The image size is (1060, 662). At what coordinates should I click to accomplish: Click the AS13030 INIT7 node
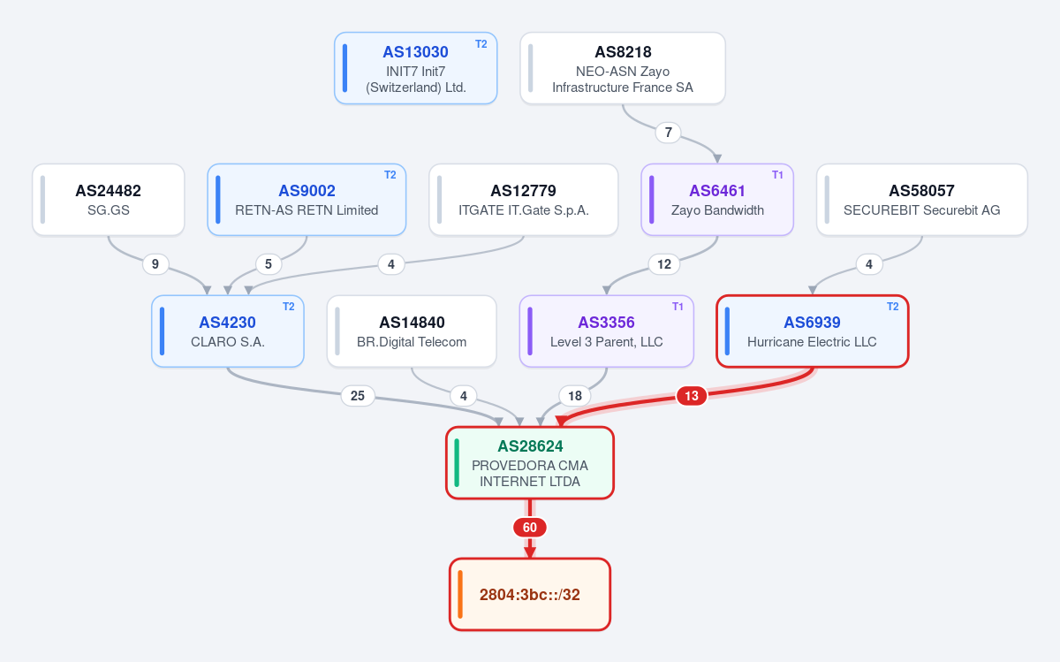[415, 68]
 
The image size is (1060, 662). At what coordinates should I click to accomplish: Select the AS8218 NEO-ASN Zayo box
[623, 68]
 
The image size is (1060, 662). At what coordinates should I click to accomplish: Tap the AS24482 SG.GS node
[109, 200]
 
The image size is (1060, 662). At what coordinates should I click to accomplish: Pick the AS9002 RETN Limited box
[307, 200]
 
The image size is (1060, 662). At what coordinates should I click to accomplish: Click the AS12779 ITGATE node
[523, 200]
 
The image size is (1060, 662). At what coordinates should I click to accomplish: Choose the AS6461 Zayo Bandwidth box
[717, 200]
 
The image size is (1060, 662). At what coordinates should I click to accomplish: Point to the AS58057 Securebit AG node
[922, 200]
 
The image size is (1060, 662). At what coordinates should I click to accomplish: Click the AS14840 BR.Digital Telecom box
[412, 331]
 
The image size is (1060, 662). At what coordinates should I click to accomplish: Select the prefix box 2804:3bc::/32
[530, 594]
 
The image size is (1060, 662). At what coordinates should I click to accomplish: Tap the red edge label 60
[530, 527]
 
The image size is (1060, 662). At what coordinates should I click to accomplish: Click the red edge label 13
[692, 395]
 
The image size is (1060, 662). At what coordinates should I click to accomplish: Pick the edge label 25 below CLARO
[358, 395]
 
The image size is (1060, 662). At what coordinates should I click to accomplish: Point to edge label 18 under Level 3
[575, 395]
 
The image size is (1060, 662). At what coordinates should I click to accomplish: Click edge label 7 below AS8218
[668, 132]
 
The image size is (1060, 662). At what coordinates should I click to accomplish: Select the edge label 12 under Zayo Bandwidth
[664, 263]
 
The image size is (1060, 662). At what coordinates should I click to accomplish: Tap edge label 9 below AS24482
[155, 263]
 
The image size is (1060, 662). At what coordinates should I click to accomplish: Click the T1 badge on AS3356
[678, 307]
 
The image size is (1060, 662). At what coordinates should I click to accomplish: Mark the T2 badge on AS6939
[892, 307]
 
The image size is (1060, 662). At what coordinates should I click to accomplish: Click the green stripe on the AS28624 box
[457, 462]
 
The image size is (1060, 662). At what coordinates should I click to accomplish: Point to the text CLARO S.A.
[228, 342]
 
